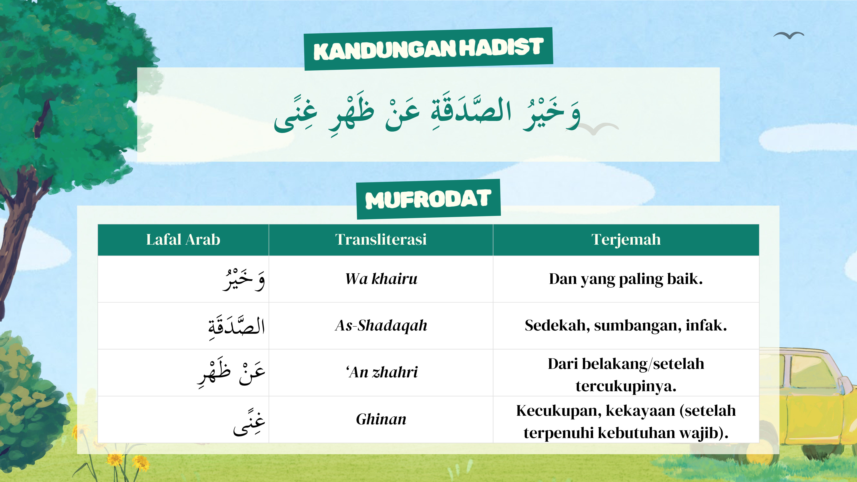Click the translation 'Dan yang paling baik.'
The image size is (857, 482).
coord(626,279)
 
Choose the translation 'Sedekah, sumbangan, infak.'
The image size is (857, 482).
coord(626,325)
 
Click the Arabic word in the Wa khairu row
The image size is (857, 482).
coord(244,279)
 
